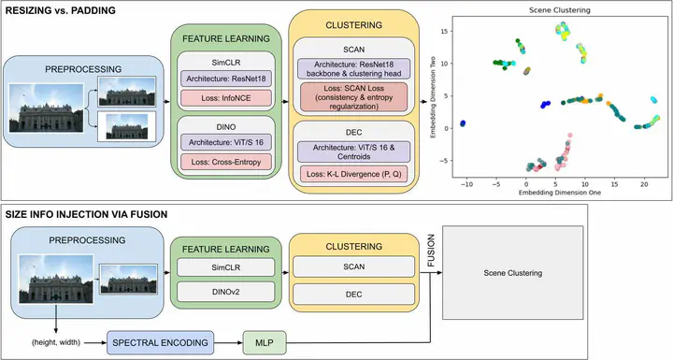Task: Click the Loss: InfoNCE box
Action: click(x=226, y=98)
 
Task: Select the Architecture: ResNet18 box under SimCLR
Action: click(x=226, y=79)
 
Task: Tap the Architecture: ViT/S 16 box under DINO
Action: click(x=226, y=142)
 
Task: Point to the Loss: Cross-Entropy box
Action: click(x=226, y=162)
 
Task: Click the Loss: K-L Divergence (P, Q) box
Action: click(x=353, y=174)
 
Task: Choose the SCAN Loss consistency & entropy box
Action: click(x=353, y=97)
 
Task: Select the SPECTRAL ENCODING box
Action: click(x=160, y=342)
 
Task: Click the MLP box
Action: click(x=265, y=342)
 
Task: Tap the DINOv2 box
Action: click(x=226, y=292)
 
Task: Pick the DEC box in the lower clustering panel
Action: click(x=353, y=295)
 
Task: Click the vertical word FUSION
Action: click(x=431, y=251)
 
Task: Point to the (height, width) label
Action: click(x=56, y=342)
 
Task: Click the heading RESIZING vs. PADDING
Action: click(x=60, y=10)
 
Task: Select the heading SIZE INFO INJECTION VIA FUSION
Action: click(x=86, y=214)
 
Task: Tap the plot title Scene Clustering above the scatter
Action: click(x=559, y=10)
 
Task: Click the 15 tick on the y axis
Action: click(x=443, y=31)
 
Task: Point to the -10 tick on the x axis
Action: click(x=466, y=184)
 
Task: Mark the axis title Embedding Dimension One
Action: click(x=560, y=193)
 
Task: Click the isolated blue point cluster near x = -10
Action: click(x=463, y=123)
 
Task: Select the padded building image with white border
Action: click(x=126, y=126)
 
